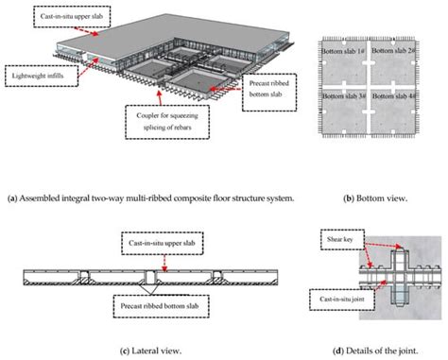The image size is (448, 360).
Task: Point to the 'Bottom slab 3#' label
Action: tap(343, 96)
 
